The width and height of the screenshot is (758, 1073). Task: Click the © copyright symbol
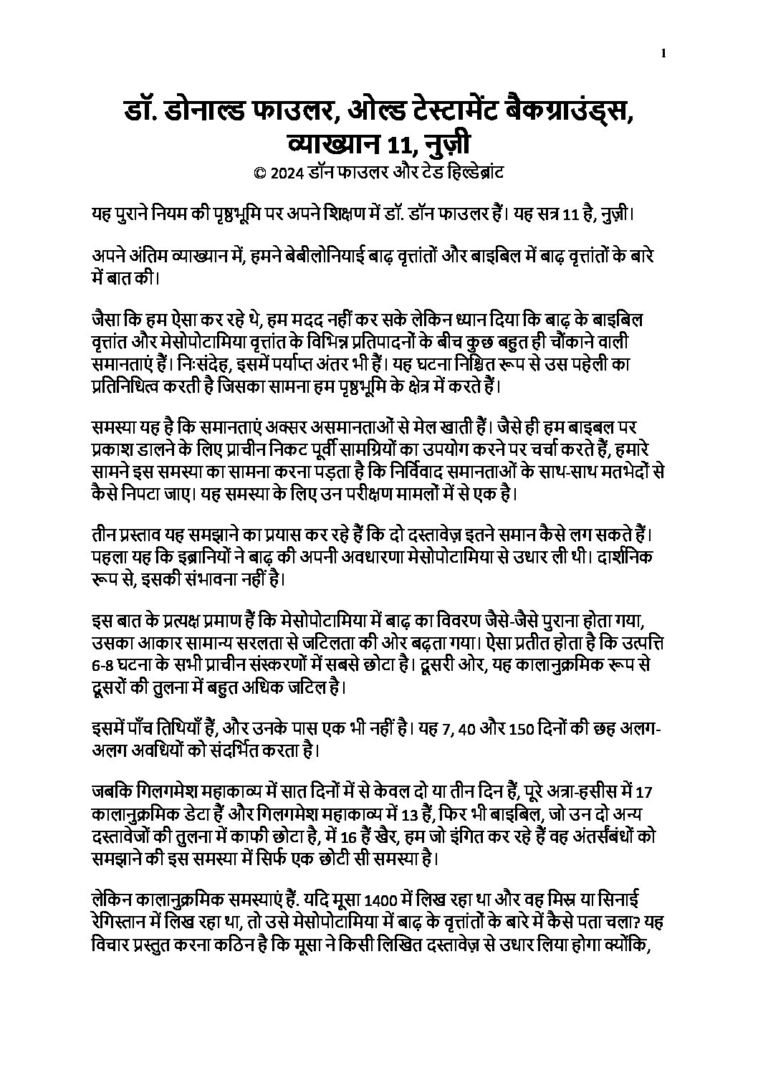[259, 173]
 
